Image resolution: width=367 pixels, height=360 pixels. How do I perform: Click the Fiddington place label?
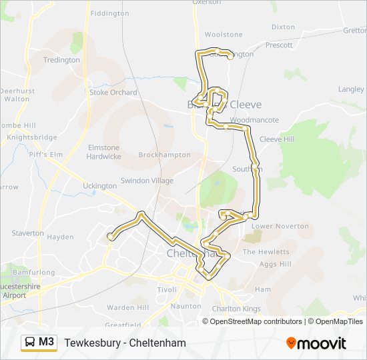point(109,13)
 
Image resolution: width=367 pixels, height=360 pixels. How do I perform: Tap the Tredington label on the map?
point(61,60)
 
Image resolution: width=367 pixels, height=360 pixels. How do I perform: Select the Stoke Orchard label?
point(113,93)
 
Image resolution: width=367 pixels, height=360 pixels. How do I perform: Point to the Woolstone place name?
point(224,35)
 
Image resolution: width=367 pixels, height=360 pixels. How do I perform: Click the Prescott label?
point(279,45)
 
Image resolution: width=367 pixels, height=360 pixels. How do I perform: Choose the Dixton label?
point(283,27)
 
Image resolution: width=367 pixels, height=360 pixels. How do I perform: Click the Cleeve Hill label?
point(277,139)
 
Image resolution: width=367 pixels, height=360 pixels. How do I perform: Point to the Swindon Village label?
point(147,181)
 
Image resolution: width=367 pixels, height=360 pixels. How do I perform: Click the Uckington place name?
point(100,186)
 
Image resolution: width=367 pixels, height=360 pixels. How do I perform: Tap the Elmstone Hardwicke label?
point(103,152)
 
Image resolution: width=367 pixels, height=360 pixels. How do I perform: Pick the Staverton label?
point(27,233)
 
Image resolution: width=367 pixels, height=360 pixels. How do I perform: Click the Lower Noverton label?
point(280,226)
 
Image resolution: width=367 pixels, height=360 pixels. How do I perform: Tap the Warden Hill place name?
point(128,308)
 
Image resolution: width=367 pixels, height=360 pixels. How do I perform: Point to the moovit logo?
point(316,343)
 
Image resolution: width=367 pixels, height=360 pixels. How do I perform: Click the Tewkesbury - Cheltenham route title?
point(125,343)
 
